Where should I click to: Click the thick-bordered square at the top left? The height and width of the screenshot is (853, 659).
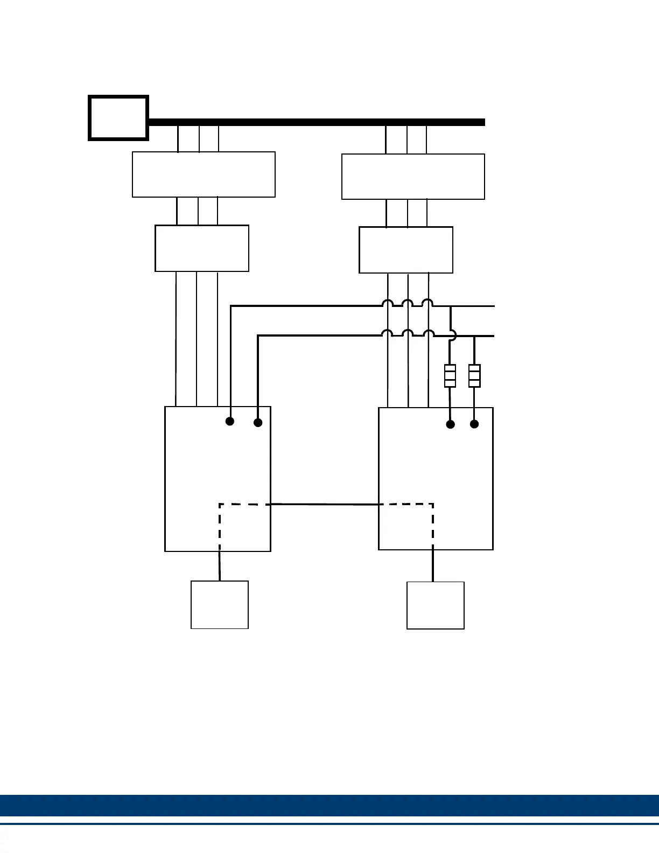pos(118,118)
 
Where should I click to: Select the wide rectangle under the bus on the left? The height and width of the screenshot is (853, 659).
pos(204,174)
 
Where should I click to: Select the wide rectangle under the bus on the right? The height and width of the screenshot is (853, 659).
pos(413,177)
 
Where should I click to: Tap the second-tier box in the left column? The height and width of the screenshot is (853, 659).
pos(202,248)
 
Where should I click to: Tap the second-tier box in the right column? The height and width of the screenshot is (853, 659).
pos(406,250)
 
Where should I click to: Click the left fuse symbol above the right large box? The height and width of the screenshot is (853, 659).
pos(450,376)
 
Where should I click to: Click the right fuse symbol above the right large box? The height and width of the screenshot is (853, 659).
pos(474,376)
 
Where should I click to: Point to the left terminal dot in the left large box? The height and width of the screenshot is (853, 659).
pos(230,421)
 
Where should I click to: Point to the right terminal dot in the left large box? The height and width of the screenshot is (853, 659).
pos(258,423)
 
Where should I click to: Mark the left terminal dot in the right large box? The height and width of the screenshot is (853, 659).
pos(451,424)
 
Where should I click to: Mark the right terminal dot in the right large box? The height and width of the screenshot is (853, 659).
pos(474,424)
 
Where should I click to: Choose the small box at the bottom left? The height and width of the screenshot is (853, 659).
pos(220,605)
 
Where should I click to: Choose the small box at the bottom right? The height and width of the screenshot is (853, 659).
pos(436,605)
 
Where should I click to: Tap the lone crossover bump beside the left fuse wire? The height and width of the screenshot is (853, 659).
pos(453,335)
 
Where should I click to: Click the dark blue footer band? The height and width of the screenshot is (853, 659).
pos(329,806)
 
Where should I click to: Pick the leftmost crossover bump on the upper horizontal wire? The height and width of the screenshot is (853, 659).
pos(387,304)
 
